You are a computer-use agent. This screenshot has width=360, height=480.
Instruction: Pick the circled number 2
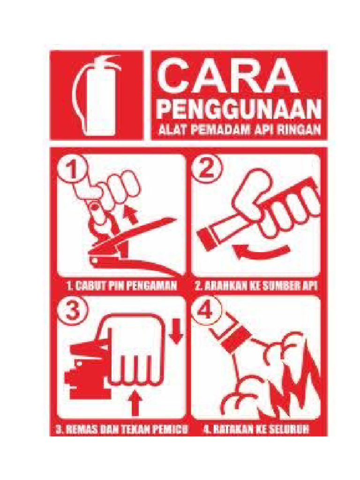click(205, 169)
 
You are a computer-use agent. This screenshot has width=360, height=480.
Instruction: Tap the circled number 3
click(71, 310)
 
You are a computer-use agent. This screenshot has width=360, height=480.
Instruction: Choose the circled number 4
click(205, 310)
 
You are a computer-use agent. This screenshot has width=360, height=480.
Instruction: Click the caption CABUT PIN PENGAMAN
click(121, 285)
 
